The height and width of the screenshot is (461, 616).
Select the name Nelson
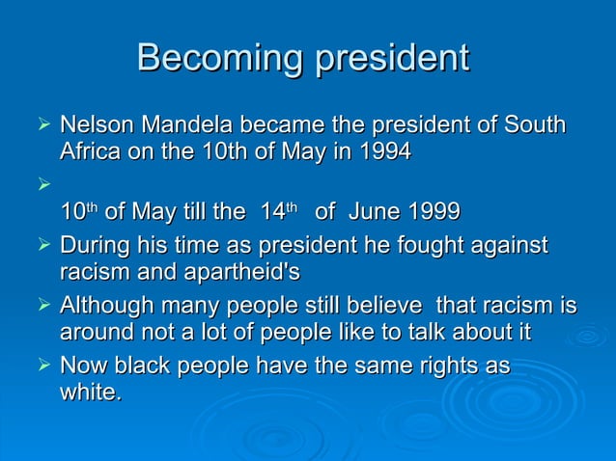point(98,125)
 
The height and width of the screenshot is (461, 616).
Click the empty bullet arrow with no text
point(40,179)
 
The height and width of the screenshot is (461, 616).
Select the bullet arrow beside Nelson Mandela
point(40,125)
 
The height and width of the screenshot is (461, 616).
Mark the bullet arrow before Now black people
point(40,366)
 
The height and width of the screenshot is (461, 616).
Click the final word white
point(90,393)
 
